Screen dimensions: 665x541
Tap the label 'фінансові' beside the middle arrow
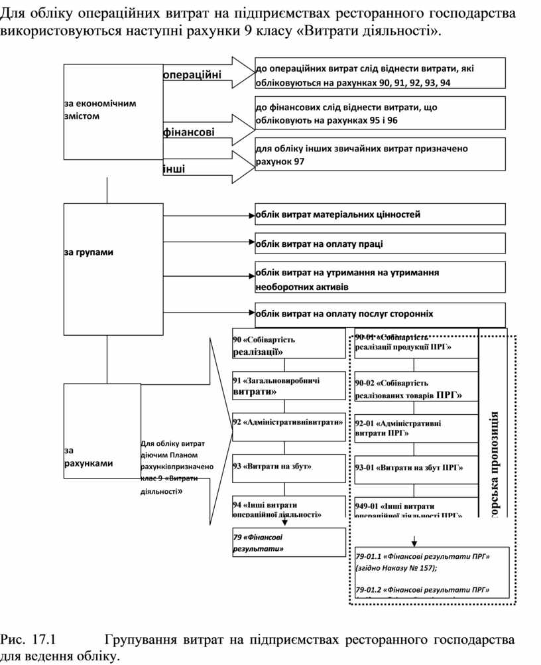click(189, 132)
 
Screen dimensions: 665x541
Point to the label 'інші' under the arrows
click(174, 169)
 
